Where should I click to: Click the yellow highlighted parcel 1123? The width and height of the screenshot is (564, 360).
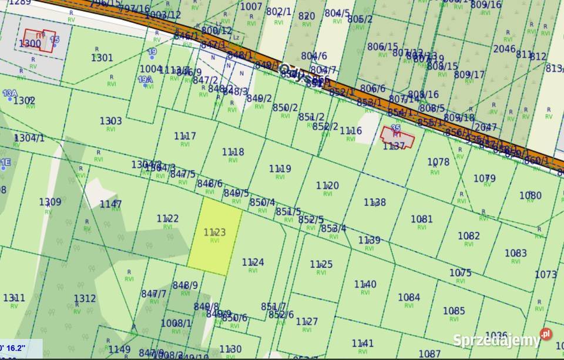pyautogui.click(x=214, y=235)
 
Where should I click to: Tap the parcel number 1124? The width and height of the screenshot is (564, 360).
pyautogui.click(x=253, y=262)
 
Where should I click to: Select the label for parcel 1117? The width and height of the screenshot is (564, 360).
pyautogui.click(x=185, y=136)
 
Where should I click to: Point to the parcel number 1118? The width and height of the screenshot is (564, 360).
pyautogui.click(x=233, y=152)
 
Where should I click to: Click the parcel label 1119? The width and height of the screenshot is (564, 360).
pyautogui.click(x=280, y=169)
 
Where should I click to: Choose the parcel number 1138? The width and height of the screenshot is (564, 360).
pyautogui.click(x=375, y=202)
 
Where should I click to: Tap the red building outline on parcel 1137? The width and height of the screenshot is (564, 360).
pyautogui.click(x=397, y=137)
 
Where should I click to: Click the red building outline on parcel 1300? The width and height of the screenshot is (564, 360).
pyautogui.click(x=40, y=41)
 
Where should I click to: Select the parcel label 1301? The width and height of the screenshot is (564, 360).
pyautogui.click(x=102, y=57)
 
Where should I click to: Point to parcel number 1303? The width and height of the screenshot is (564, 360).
pyautogui.click(x=110, y=121)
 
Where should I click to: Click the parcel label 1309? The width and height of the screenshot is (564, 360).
pyautogui.click(x=50, y=201)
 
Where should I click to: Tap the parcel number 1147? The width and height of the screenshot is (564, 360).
pyautogui.click(x=110, y=204)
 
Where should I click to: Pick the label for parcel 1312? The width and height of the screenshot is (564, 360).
pyautogui.click(x=85, y=298)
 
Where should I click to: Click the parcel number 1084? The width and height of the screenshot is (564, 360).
pyautogui.click(x=409, y=297)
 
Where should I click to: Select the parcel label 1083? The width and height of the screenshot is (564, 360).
pyautogui.click(x=516, y=253)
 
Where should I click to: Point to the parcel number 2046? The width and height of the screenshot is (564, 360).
pyautogui.click(x=504, y=49)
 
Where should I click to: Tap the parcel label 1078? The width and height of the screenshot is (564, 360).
pyautogui.click(x=438, y=162)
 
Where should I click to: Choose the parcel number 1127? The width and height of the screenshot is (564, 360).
pyautogui.click(x=307, y=321)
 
